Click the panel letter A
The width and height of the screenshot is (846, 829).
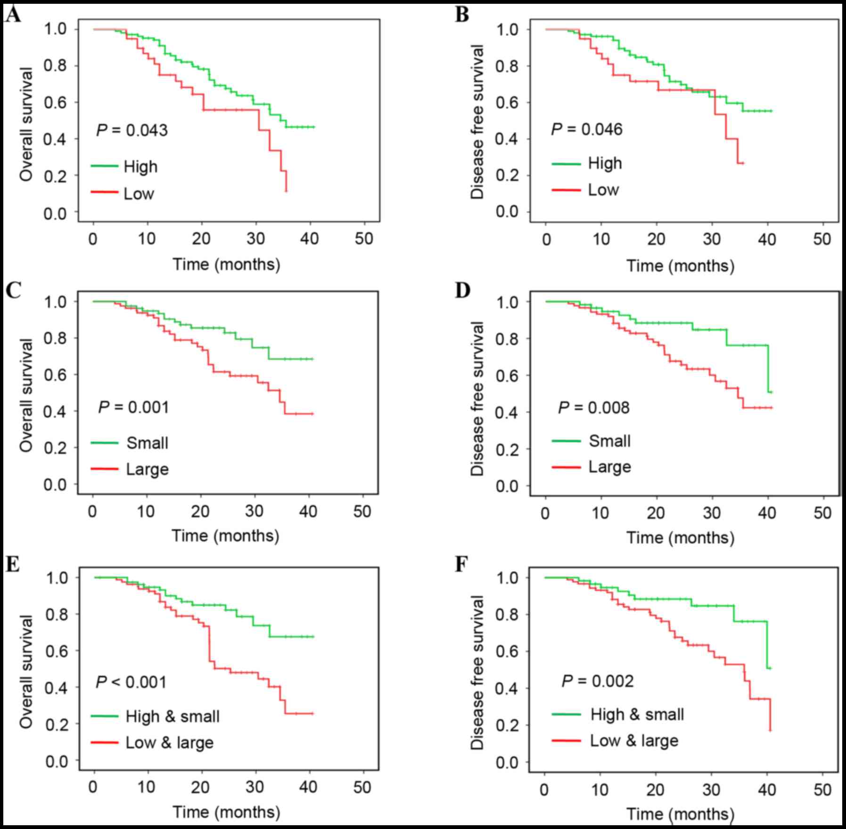(x=13, y=16)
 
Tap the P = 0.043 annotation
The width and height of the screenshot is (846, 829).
(x=132, y=130)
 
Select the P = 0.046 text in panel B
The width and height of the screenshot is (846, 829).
(x=587, y=129)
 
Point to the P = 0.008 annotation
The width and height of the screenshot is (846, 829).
(x=594, y=407)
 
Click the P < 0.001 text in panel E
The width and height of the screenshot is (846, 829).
(x=131, y=682)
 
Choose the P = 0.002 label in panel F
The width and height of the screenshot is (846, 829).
(x=598, y=681)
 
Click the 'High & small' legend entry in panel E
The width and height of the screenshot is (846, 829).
(x=172, y=716)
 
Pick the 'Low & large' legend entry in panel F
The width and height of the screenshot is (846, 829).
(x=634, y=740)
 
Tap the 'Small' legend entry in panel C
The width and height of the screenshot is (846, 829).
(x=147, y=443)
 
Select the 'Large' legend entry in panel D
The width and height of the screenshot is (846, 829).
(x=610, y=467)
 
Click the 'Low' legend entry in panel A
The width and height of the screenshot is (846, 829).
(x=139, y=193)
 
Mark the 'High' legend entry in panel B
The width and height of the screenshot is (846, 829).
(x=605, y=164)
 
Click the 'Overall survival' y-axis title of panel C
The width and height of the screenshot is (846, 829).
(x=26, y=395)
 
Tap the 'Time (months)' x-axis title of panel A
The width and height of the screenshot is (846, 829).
(x=226, y=264)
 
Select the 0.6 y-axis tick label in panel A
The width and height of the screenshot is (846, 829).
(x=55, y=102)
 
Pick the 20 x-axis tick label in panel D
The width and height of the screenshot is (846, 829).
(x=656, y=513)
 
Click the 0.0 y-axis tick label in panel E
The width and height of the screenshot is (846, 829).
(x=56, y=762)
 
